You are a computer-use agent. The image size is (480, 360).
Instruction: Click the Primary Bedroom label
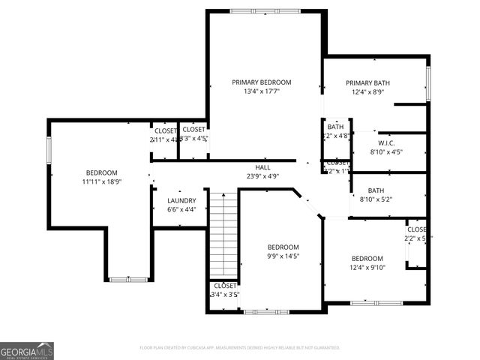point(261,82)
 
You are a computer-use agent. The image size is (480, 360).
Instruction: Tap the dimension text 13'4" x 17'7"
point(261,92)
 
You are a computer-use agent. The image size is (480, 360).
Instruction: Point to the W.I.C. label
point(386,142)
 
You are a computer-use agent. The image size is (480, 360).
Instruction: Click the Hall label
point(262,167)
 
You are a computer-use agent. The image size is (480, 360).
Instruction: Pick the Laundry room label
point(181,200)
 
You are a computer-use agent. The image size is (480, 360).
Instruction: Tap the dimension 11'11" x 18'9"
point(101,181)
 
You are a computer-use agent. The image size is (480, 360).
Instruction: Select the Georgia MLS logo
point(27,350)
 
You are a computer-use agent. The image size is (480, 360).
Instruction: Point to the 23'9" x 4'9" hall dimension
point(262,176)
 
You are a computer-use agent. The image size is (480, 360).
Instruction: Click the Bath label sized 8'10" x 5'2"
point(376,190)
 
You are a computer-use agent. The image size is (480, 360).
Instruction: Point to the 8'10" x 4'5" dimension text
point(386,152)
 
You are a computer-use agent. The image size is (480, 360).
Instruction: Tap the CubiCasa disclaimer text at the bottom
point(240,348)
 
